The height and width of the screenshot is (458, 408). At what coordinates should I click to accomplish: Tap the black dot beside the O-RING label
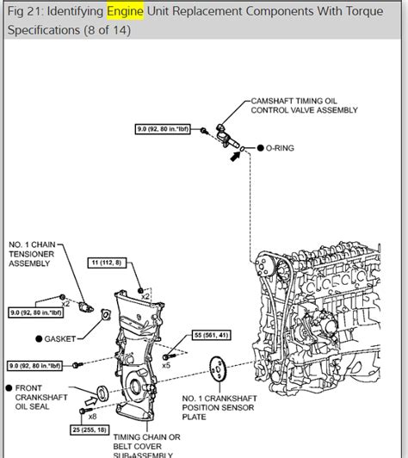[260, 148]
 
